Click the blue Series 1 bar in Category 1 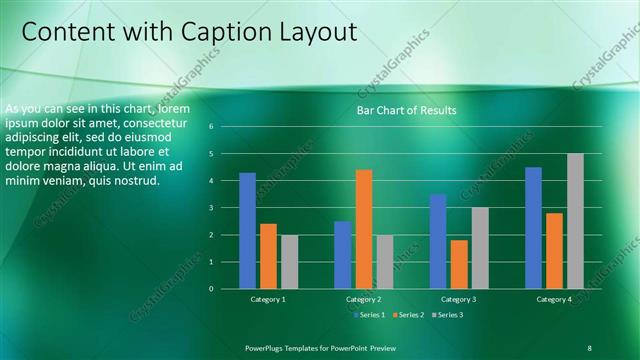point(247,231)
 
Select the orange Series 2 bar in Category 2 point(363,229)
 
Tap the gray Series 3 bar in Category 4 point(575,221)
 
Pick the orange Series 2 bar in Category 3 point(459,264)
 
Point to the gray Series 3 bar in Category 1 point(289,262)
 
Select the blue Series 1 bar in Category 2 point(342,255)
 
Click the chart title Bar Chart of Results point(406,110)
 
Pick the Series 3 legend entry point(446,315)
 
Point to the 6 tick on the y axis point(212,127)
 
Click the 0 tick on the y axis point(212,289)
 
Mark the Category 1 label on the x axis point(268,299)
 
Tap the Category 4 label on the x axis point(554,299)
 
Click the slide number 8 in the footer point(589,347)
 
